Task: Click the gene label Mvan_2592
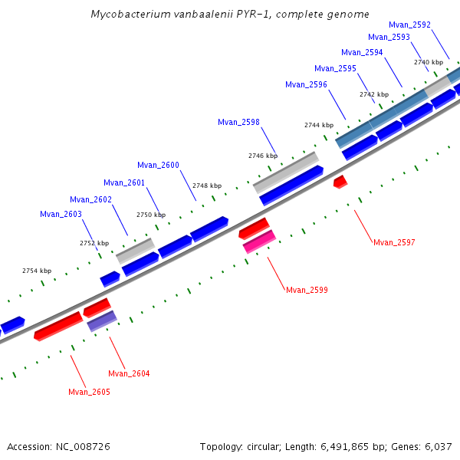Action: (x=409, y=25)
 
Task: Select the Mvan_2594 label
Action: (x=362, y=52)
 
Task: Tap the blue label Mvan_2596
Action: (x=306, y=84)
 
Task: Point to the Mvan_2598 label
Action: (x=238, y=122)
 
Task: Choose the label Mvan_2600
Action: (x=158, y=165)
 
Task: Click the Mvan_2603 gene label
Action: (x=61, y=214)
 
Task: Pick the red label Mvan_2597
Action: (x=394, y=242)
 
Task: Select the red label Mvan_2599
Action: (x=307, y=290)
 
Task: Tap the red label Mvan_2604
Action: (x=129, y=373)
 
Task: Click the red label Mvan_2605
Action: (x=89, y=392)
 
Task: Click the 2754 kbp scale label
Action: (x=37, y=271)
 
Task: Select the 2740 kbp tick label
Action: (x=429, y=62)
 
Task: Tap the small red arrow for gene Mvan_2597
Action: (x=340, y=182)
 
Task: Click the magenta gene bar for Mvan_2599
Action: (x=259, y=242)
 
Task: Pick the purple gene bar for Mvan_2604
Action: (x=102, y=320)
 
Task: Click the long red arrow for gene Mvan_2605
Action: (x=58, y=325)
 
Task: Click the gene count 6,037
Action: (x=436, y=446)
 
